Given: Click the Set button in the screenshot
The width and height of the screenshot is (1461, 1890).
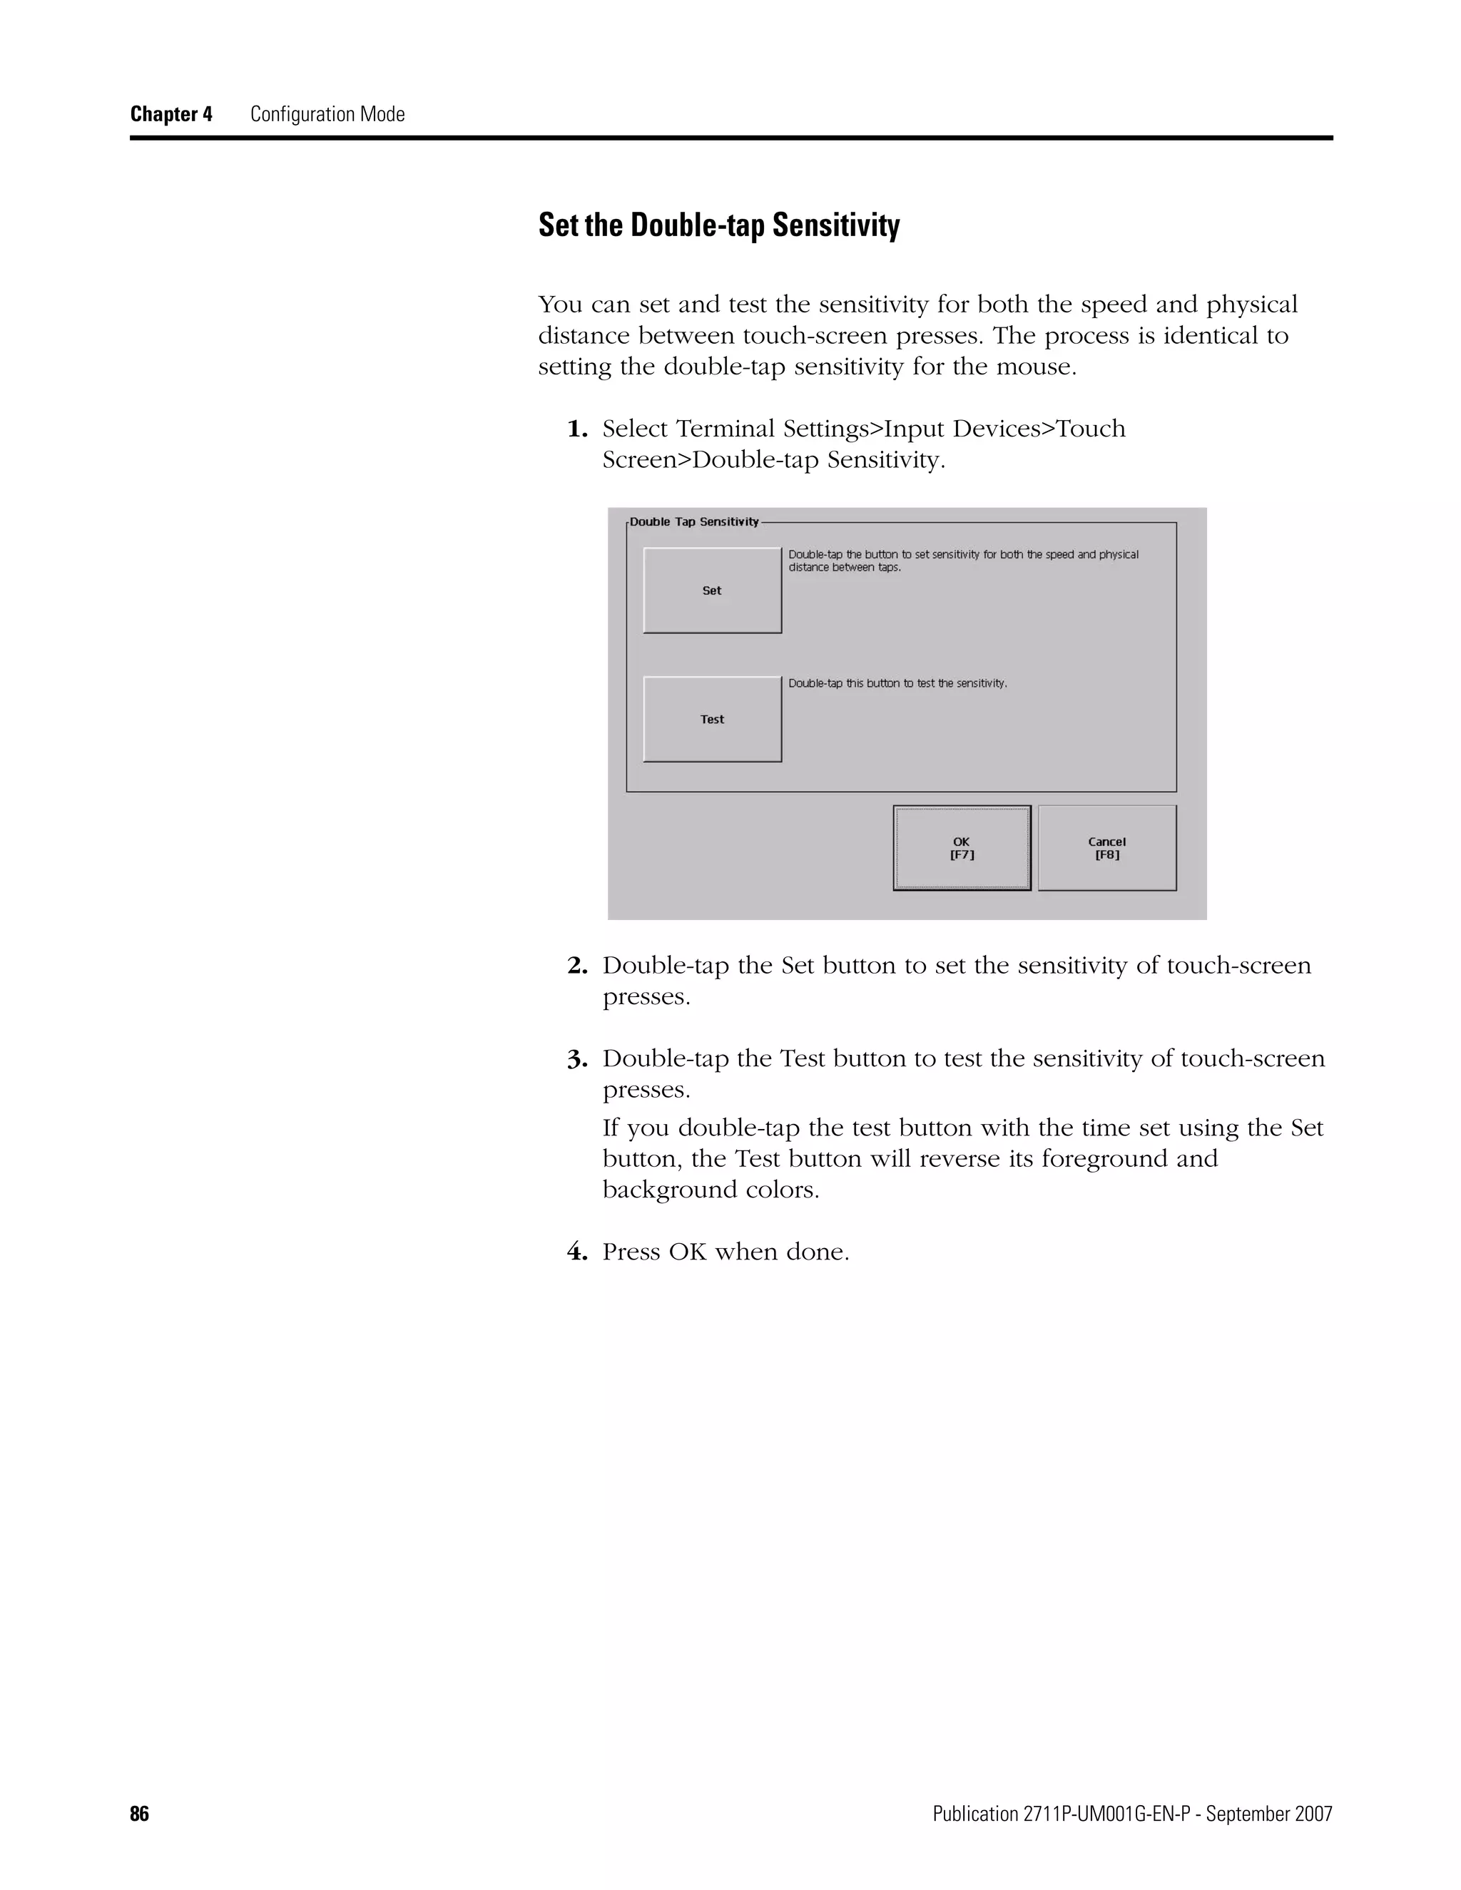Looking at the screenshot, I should click(711, 591).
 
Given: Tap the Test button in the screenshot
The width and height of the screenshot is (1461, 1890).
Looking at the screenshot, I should click(711, 719).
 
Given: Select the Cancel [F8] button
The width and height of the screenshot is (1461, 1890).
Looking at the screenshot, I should click(1106, 848).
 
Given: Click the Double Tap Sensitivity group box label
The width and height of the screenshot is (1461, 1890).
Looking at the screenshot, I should click(693, 522).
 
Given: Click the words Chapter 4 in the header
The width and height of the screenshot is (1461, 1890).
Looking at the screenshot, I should click(170, 114).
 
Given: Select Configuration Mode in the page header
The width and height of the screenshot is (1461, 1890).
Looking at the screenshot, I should click(327, 114).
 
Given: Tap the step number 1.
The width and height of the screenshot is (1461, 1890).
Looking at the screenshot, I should click(576, 429).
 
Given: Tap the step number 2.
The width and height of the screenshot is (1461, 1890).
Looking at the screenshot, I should click(576, 966).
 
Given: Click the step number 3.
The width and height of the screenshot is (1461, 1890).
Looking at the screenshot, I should click(576, 1059).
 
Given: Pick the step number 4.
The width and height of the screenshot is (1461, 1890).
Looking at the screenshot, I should click(576, 1252).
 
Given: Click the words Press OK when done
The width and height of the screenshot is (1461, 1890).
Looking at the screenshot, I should click(726, 1252).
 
